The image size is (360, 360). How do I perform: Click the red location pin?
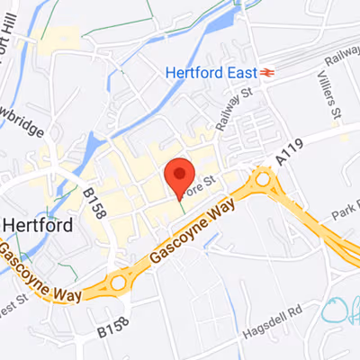pos(180,175)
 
